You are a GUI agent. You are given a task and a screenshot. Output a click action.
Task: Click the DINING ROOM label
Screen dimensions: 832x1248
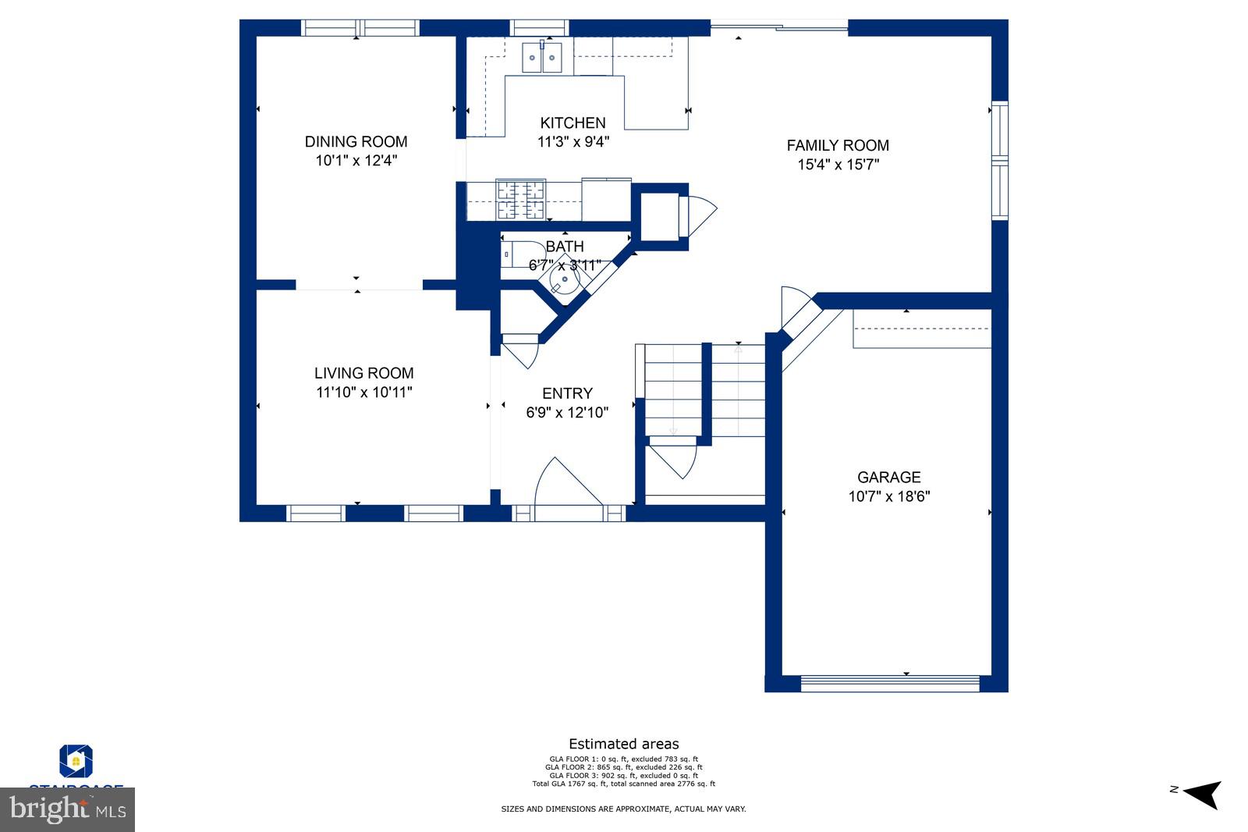click(356, 141)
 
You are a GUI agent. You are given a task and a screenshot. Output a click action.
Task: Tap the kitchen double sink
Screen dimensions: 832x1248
click(541, 58)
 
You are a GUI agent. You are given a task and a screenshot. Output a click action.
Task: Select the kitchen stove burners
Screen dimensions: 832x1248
click(520, 199)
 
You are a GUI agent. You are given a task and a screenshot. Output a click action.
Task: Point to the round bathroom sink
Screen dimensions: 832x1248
click(565, 279)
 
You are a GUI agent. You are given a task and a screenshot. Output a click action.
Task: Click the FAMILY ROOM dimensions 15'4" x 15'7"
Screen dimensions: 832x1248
click(838, 165)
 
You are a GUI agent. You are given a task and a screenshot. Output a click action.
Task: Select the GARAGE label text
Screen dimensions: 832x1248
click(888, 477)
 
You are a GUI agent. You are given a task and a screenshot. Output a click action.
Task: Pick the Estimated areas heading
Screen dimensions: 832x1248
click(623, 744)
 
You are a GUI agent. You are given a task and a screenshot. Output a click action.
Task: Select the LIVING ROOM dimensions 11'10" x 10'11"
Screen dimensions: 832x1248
click(363, 393)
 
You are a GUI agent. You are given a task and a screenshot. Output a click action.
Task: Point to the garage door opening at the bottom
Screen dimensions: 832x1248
click(890, 683)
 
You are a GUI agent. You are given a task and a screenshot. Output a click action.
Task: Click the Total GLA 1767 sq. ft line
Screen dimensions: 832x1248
click(623, 784)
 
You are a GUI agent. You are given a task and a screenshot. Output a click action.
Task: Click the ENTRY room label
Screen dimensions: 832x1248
click(567, 393)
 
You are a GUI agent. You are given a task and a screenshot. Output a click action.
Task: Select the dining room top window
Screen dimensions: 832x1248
click(360, 28)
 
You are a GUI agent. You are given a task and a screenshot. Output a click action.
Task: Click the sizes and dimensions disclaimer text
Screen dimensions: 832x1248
click(623, 809)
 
